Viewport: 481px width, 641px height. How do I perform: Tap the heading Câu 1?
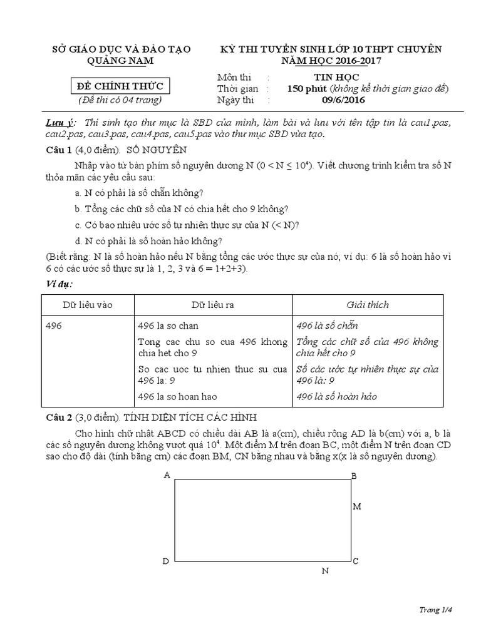click(60, 150)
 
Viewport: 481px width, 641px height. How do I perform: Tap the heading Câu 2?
click(60, 417)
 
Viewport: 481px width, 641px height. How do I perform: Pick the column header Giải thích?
click(368, 305)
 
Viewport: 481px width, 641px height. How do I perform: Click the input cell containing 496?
click(55, 326)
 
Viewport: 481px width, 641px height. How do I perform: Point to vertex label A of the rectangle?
click(167, 475)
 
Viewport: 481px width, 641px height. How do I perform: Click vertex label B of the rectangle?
click(354, 476)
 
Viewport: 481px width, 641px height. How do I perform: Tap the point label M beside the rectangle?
click(357, 506)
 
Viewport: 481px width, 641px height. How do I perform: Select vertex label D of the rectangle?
click(166, 562)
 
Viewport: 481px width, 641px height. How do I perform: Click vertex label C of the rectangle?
click(355, 562)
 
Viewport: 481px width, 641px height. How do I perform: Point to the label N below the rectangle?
click(325, 571)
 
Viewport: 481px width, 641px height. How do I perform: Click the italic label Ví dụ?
click(59, 284)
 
